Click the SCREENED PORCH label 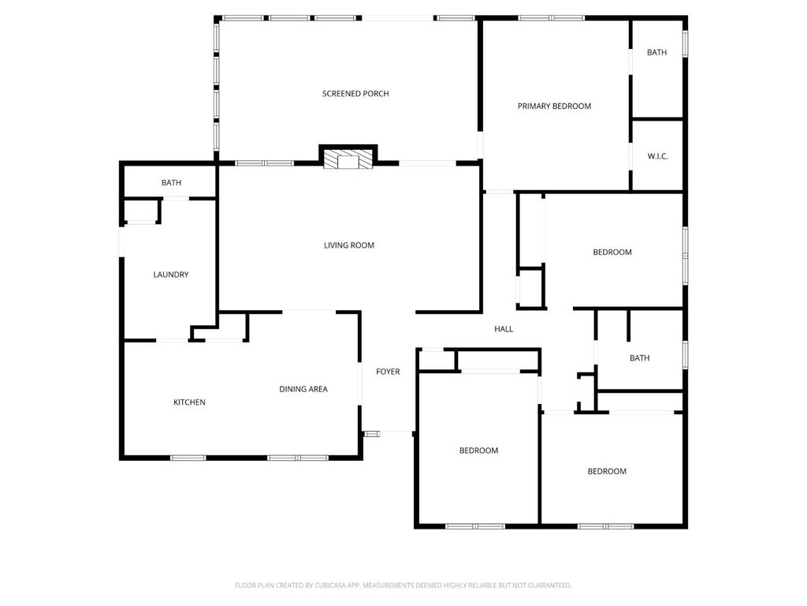(x=355, y=94)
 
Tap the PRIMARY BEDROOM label (x=554, y=106)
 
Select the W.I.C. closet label (x=657, y=156)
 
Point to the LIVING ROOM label (x=349, y=245)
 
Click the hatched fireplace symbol (x=348, y=159)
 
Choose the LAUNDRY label (x=171, y=275)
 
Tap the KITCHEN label (x=189, y=402)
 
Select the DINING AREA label (x=303, y=389)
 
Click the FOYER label (x=388, y=372)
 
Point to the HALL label (x=504, y=329)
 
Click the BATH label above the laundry (x=171, y=183)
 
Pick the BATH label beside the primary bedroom (x=656, y=53)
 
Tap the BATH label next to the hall (x=639, y=358)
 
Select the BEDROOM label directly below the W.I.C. (x=612, y=252)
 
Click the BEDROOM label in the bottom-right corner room (x=607, y=471)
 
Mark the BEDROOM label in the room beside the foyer (x=478, y=451)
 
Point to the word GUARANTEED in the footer (x=546, y=585)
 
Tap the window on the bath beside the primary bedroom (x=685, y=43)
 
